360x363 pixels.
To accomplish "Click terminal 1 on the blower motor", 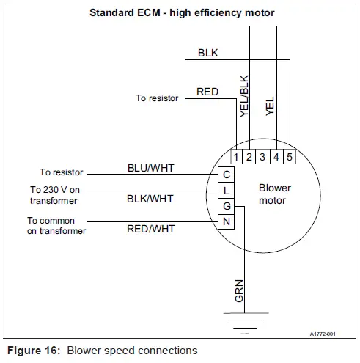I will coord(238,156).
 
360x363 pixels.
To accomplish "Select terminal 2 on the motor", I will coord(250,156).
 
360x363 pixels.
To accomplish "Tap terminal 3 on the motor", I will coord(263,156).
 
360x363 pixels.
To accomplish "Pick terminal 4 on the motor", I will coord(276,156).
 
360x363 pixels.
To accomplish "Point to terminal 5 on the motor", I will coord(289,156).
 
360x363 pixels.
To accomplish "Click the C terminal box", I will coord(227,175).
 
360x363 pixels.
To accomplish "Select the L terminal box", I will coord(227,190).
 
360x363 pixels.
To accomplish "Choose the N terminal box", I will coord(227,221).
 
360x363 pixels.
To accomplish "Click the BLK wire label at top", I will coord(207,54).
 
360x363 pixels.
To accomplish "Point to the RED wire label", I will coord(207,92).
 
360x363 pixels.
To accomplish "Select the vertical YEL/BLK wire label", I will coord(245,96).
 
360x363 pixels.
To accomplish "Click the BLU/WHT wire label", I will coord(150,168).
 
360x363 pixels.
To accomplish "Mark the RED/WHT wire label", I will coord(150,229).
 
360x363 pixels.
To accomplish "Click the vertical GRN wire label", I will coord(239,290).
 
